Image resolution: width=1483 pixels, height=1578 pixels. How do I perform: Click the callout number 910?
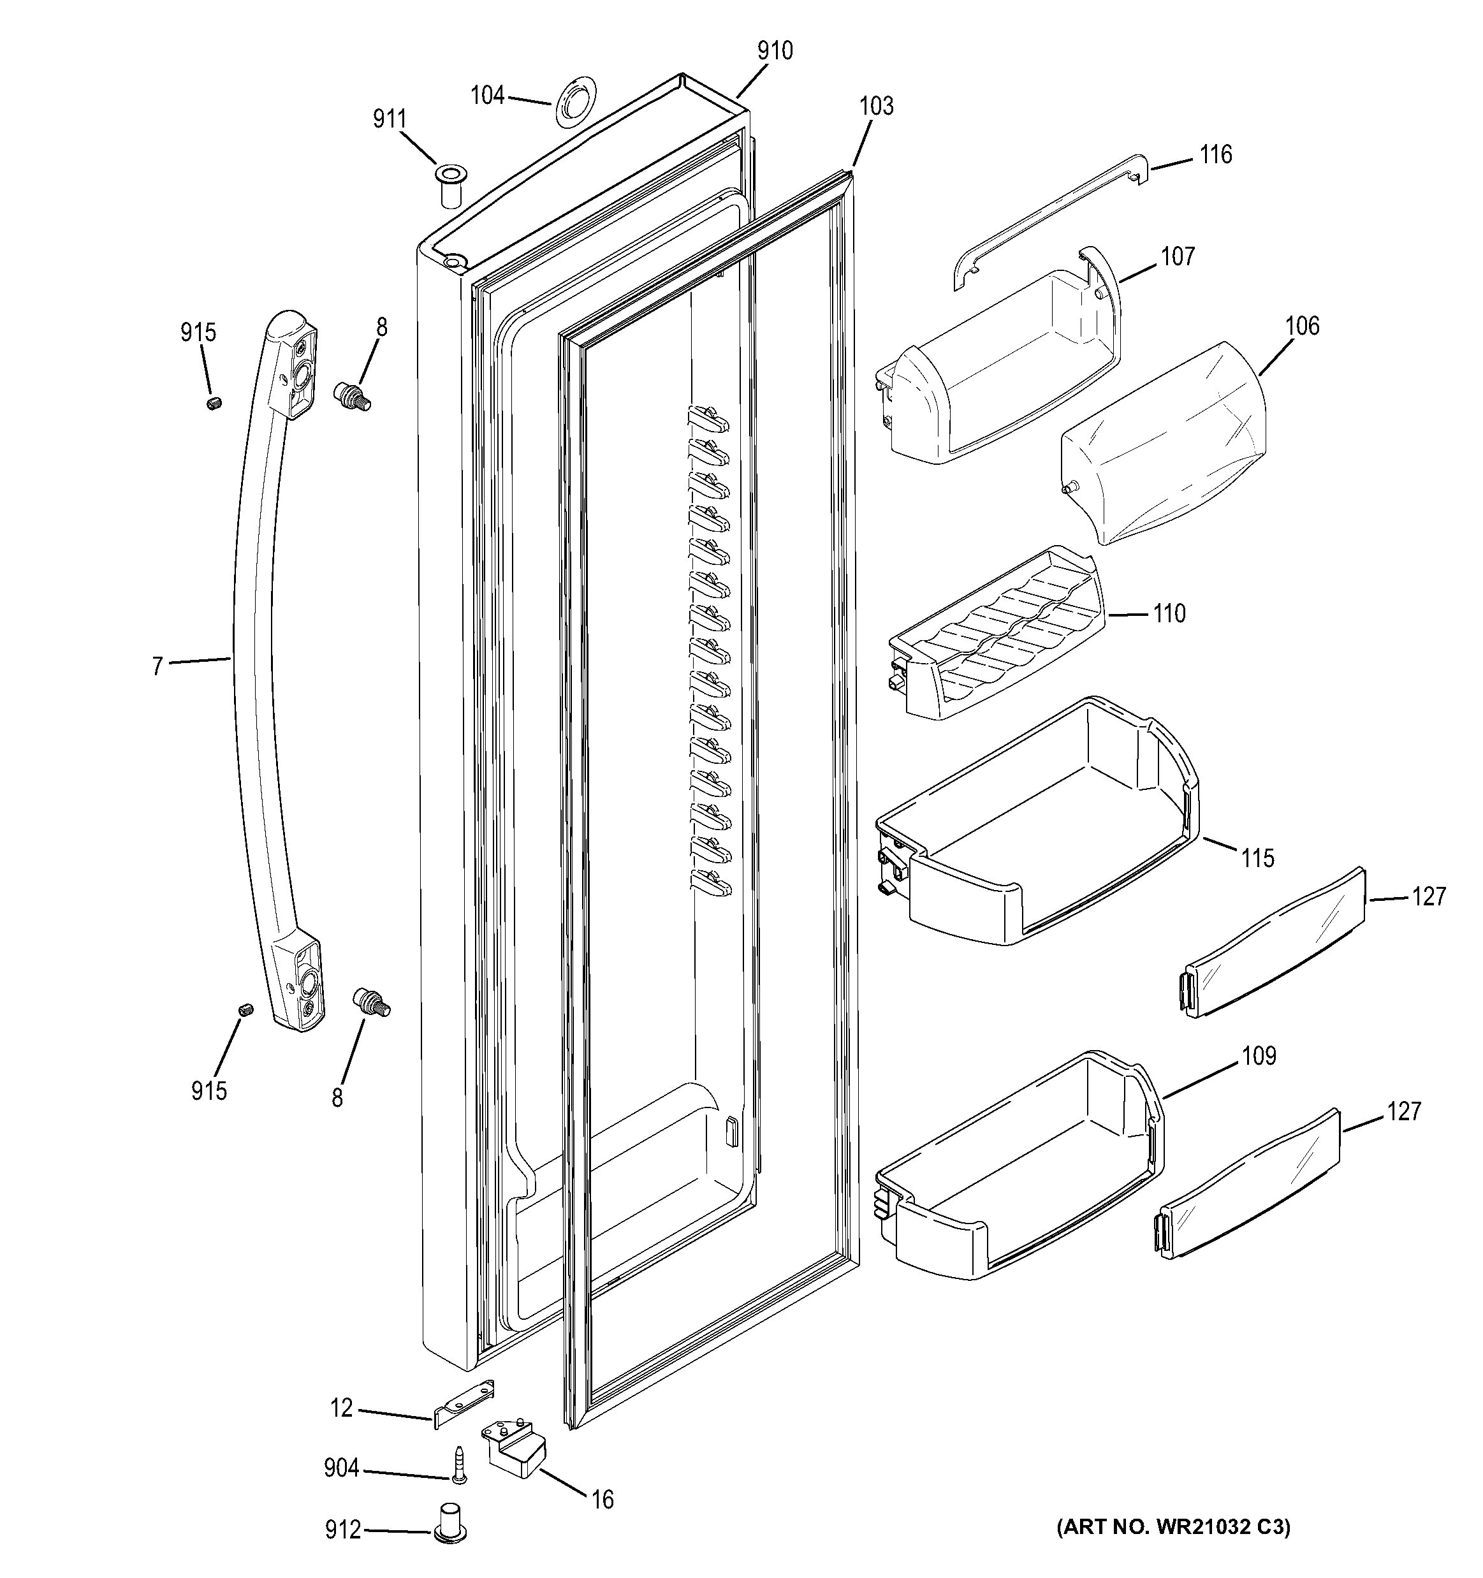pos(774,51)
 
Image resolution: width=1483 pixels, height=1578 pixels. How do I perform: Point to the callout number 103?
pos(875,106)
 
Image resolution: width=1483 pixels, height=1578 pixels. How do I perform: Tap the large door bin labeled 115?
pos(1032,826)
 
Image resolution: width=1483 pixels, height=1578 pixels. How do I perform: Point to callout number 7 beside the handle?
pos(157,665)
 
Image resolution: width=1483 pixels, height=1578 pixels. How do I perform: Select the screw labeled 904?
pos(458,1465)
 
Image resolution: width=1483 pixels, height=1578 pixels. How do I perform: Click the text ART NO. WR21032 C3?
pos(1173,1526)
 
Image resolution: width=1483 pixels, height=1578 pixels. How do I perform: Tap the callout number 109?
pos(1259,1056)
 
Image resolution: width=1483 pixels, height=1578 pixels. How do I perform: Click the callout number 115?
pos(1257,858)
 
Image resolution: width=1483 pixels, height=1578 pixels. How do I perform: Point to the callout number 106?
pos(1302,326)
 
